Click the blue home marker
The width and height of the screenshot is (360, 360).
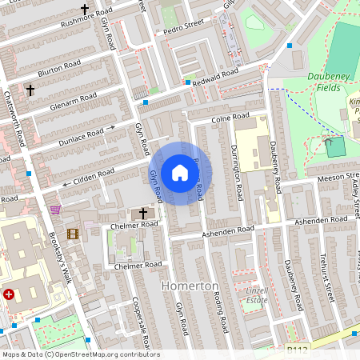(x=180, y=173)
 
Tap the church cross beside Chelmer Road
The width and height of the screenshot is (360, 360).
(x=144, y=214)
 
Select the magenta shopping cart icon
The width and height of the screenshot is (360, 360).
(x=55, y=210)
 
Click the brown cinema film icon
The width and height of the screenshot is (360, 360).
(x=73, y=234)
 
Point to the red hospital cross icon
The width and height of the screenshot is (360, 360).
(x=9, y=295)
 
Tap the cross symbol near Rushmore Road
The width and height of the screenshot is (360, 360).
(x=84, y=9)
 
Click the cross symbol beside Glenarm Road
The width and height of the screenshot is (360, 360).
(x=30, y=90)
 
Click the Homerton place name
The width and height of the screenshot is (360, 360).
(x=190, y=286)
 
